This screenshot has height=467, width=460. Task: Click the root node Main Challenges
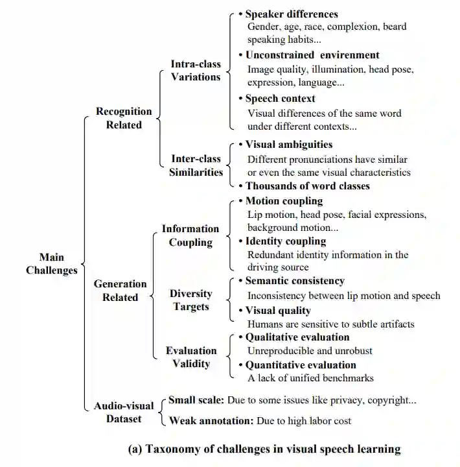tap(52, 264)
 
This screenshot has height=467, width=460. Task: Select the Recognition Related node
tap(124, 118)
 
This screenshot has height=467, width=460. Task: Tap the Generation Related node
tap(121, 291)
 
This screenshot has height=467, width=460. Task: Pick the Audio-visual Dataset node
tap(124, 412)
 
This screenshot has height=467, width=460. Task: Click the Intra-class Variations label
tap(196, 71)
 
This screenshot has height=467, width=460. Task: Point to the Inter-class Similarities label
tap(196, 165)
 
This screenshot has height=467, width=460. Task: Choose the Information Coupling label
tap(190, 235)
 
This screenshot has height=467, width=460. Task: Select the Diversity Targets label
tap(190, 300)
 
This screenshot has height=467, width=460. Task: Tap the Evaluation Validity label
tap(190, 357)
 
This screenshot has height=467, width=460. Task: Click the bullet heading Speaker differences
tap(292, 14)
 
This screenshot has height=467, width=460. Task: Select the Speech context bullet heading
tap(280, 99)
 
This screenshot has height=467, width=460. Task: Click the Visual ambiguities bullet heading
tap(288, 145)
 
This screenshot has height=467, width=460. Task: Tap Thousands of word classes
tap(307, 186)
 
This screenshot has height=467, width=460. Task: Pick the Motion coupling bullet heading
tap(284, 201)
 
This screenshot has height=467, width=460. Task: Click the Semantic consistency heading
tap(295, 281)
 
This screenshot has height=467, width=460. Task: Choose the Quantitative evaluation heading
tap(301, 365)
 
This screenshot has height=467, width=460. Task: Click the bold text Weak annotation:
tap(211, 421)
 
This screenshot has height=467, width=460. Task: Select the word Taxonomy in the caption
tap(174, 449)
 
